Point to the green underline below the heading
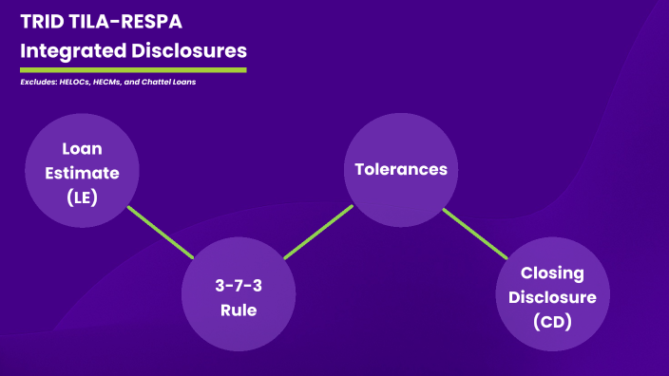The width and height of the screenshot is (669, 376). (133, 69)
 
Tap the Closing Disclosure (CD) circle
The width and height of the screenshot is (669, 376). (551, 296)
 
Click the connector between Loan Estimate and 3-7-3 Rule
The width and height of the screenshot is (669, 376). (159, 231)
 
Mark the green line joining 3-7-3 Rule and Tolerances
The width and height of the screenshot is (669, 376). (317, 232)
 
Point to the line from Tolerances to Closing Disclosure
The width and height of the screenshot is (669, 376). (474, 233)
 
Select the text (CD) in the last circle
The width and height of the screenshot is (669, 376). (552, 322)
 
